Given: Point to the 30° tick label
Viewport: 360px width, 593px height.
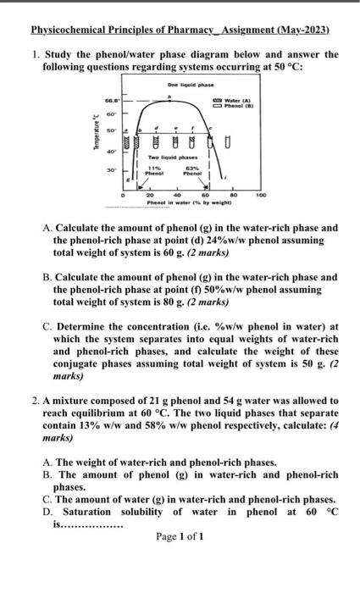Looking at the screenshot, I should coord(112,169).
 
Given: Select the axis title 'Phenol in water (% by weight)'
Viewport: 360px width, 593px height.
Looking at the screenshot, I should coord(180,202).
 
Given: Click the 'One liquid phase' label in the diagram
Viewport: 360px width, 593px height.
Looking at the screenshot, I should coord(180,86).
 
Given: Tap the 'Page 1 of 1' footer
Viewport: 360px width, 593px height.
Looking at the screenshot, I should coord(180,537).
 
